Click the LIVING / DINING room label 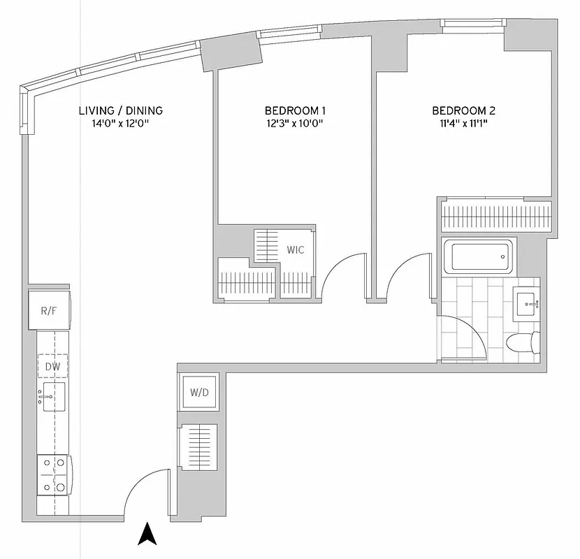[120, 110]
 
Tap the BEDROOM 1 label [295, 110]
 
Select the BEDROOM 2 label [463, 110]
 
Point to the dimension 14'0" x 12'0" [120, 124]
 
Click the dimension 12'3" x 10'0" [295, 124]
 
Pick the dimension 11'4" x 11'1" [463, 124]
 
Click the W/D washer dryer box [199, 392]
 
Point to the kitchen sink [53, 397]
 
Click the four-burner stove [54, 474]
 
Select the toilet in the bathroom [522, 343]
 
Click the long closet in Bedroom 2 [495, 215]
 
